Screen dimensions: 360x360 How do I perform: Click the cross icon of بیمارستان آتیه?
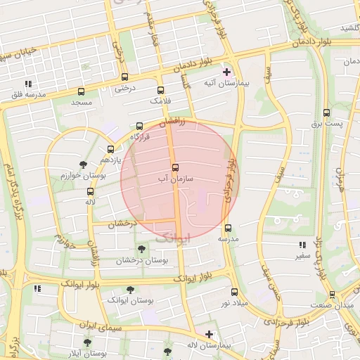pyautogui.click(x=226, y=72)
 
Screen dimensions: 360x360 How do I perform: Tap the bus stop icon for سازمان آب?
pyautogui.click(x=175, y=167)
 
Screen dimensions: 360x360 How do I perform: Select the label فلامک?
pyautogui.click(x=160, y=101)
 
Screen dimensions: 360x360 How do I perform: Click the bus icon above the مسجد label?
pyautogui.click(x=81, y=91)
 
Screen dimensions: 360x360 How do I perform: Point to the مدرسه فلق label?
pyautogui.click(x=31, y=94)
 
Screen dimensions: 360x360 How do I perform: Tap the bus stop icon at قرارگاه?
pyautogui.click(x=139, y=127)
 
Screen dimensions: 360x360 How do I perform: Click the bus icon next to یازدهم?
pyautogui.click(x=110, y=149)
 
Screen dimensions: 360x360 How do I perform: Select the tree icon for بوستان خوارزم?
pyautogui.click(x=83, y=165)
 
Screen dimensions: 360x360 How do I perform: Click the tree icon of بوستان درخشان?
pyautogui.click(x=142, y=249)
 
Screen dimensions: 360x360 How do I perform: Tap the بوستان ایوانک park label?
pyautogui.click(x=130, y=300)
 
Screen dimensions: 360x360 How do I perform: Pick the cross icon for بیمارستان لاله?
pyautogui.click(x=209, y=334)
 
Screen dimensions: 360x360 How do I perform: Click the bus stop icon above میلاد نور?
pyautogui.click(x=234, y=291)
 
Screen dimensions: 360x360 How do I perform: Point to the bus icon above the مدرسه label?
pyautogui.click(x=228, y=228)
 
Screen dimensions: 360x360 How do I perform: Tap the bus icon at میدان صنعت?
pyautogui.click(x=332, y=295)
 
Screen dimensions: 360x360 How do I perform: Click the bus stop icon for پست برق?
pyautogui.click(x=326, y=112)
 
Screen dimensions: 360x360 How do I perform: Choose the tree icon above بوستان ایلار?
pyautogui.click(x=87, y=342)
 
